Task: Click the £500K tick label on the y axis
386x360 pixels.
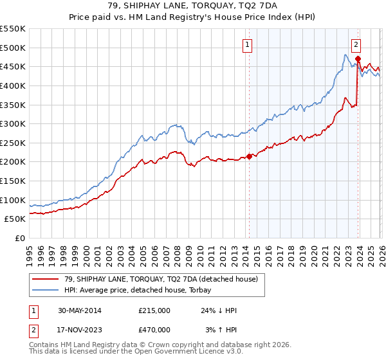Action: tap(13, 48)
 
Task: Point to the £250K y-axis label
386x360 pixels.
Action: tap(13, 143)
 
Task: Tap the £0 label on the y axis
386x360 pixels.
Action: tap(19, 238)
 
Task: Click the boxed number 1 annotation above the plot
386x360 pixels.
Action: tap(248, 44)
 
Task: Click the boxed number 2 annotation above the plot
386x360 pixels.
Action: tap(356, 44)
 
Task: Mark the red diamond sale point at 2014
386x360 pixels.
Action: tap(249, 156)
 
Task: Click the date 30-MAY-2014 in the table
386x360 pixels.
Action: tap(78, 310)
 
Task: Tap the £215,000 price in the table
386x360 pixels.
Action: tap(155, 310)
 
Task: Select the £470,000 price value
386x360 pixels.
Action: tap(155, 329)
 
